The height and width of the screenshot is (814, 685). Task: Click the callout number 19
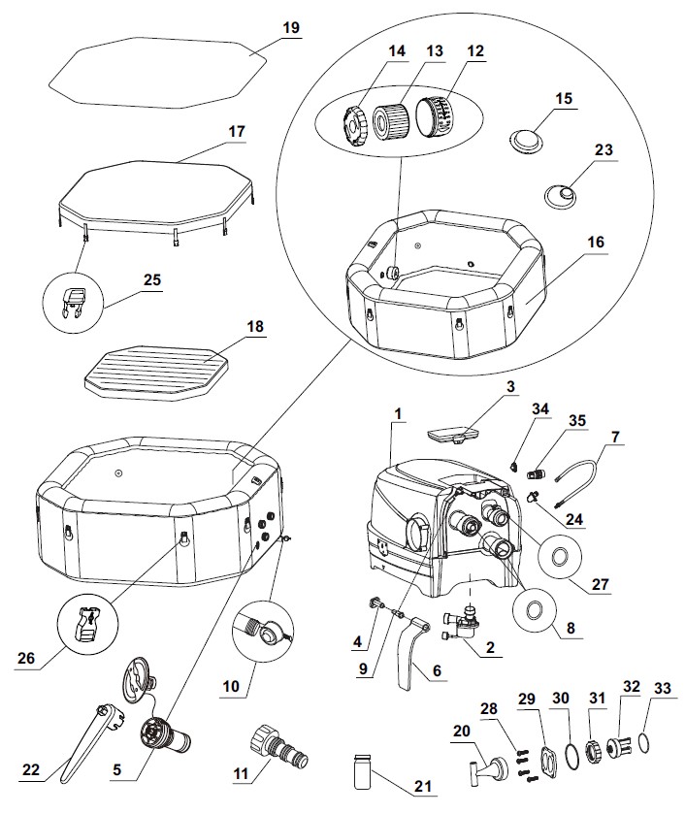tap(291, 27)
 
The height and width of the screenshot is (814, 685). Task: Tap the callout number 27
tap(600, 584)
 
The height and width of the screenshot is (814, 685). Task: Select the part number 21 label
tap(423, 787)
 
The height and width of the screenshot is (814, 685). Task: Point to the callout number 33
tap(663, 689)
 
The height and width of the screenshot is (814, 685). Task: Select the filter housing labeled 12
tap(436, 114)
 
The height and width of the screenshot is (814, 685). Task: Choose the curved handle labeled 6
tap(413, 652)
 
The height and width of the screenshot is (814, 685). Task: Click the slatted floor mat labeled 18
tap(156, 372)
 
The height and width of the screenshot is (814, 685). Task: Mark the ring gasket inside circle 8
tap(534, 610)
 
